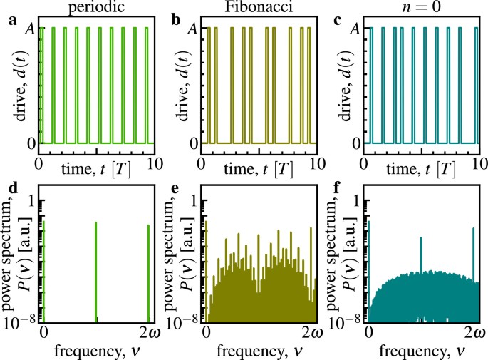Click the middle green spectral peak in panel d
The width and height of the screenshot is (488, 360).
pyautogui.click(x=95, y=271)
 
